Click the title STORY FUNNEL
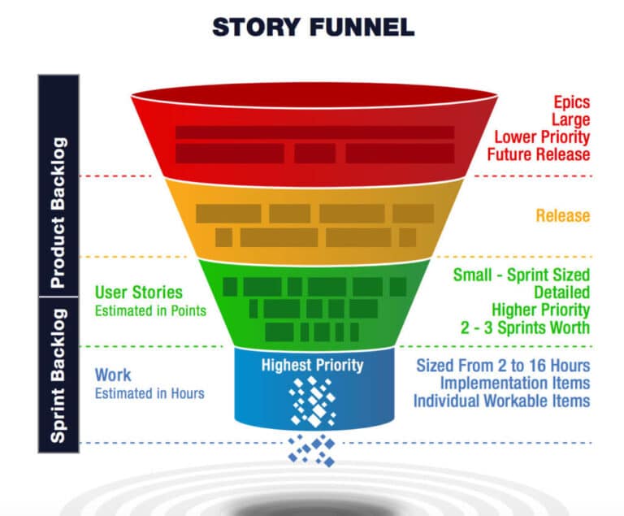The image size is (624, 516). pos(313,27)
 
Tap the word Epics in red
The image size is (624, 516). pos(572,103)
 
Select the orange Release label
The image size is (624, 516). pos(562,216)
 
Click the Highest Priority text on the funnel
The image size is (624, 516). pos(312,365)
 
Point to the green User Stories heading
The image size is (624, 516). pos(139,292)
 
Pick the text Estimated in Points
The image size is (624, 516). pos(150,310)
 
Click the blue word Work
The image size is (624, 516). pos(112,375)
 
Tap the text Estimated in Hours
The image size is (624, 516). pos(149,393)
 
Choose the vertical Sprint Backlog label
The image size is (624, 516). pos(58,375)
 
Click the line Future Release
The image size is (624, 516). pos(539,154)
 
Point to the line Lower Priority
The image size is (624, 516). pos(542,137)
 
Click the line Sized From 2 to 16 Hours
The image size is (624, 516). pos(503,365)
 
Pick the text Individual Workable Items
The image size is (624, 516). pos(501,401)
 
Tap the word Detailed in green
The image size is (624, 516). pos(561,293)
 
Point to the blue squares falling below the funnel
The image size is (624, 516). pos(312,449)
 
